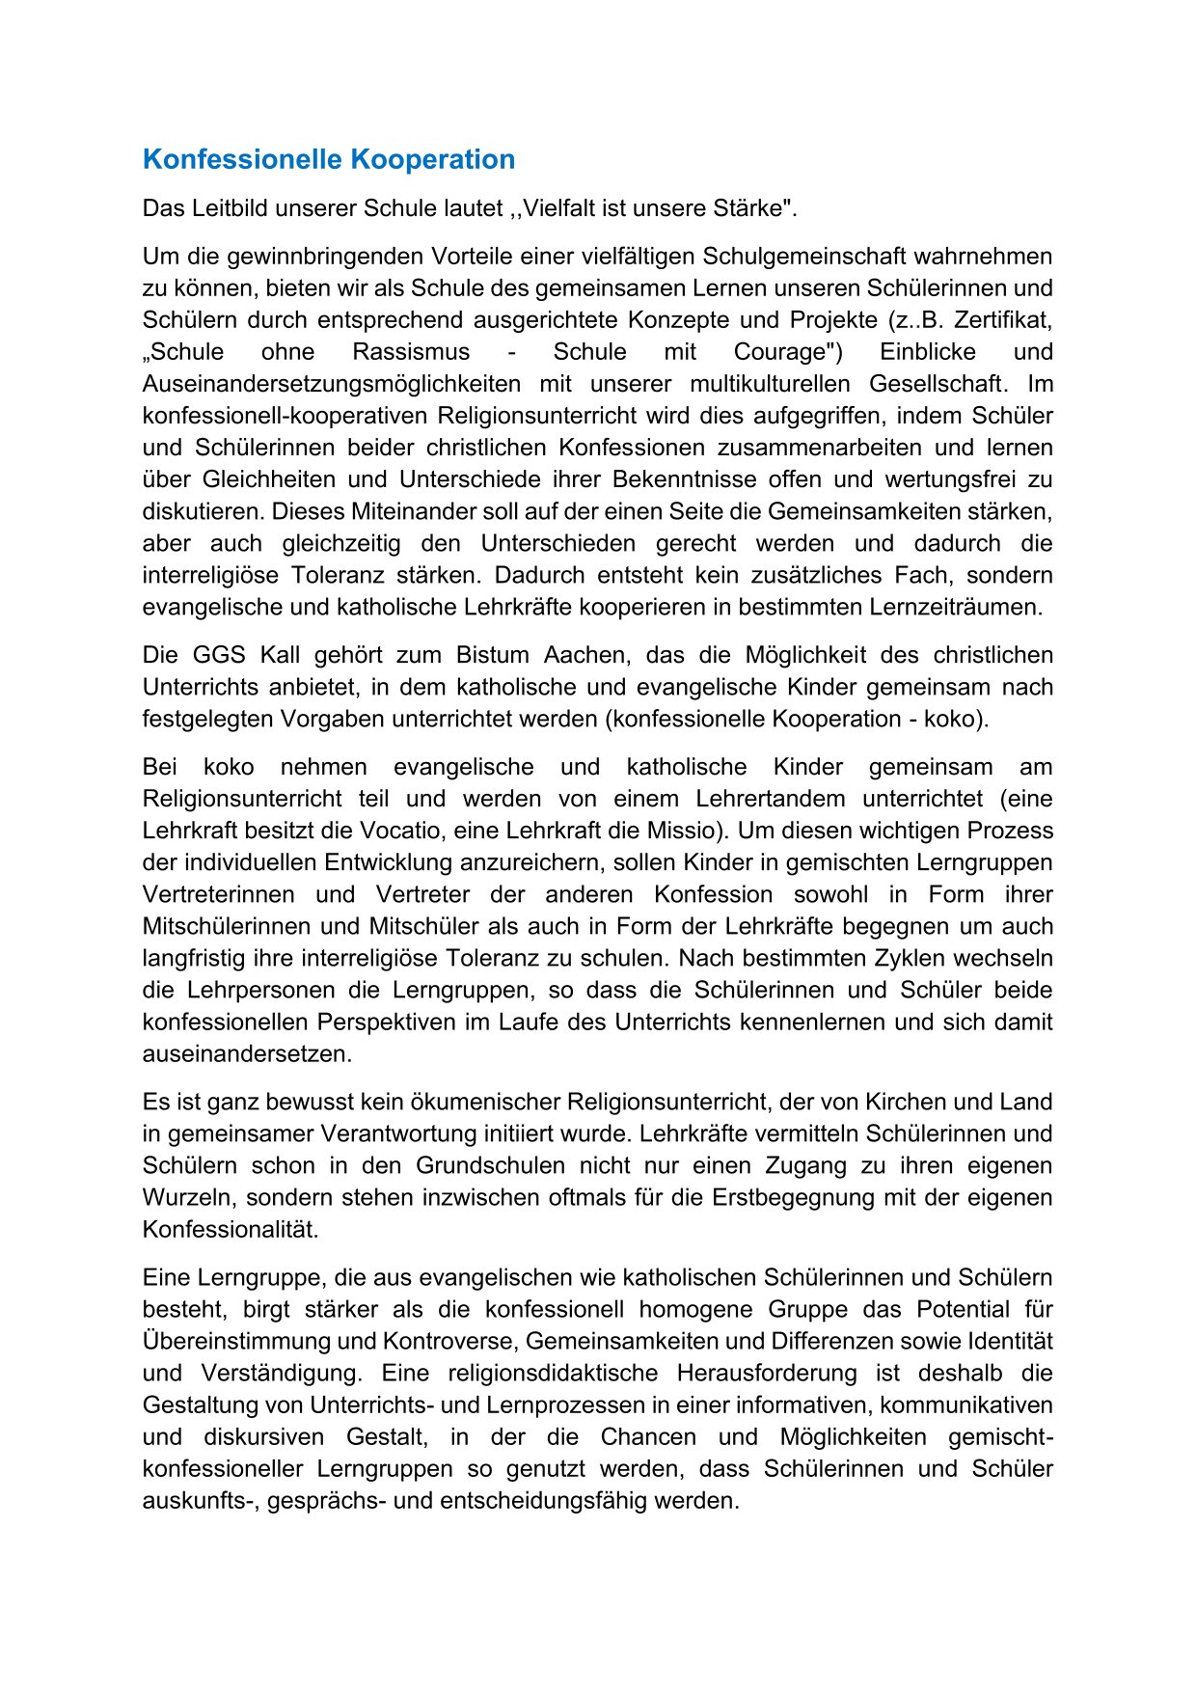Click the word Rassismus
click(x=411, y=352)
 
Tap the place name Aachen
click(x=585, y=656)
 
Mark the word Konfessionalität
click(x=231, y=1230)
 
